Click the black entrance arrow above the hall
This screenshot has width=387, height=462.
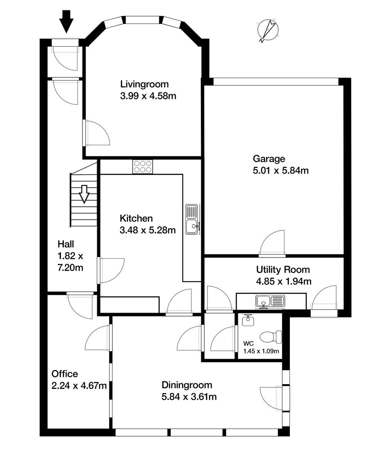[x=67, y=22]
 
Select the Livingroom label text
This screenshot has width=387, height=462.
[x=144, y=84]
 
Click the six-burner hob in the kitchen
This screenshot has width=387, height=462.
[x=143, y=167]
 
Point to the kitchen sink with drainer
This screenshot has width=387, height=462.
[x=192, y=219]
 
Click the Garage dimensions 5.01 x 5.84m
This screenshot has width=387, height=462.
[x=281, y=170]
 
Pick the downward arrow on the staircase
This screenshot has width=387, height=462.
[x=84, y=193]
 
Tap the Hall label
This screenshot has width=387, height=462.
[x=66, y=244]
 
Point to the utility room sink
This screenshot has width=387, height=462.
[x=270, y=300]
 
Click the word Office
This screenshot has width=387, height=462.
[x=65, y=374]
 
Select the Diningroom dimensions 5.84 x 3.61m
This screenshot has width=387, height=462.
[x=189, y=397]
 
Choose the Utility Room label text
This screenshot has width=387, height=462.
[x=283, y=269]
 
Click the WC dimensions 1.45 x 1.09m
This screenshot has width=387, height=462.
[x=261, y=351]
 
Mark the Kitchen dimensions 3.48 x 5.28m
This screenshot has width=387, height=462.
[x=148, y=230]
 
